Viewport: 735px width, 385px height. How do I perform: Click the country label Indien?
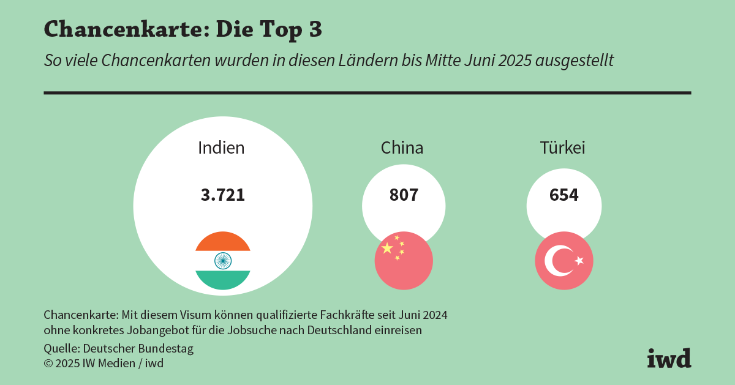click(221, 148)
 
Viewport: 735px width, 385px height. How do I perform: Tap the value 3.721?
click(223, 195)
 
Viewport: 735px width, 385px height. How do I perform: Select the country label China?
click(402, 148)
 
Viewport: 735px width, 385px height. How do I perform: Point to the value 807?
click(404, 195)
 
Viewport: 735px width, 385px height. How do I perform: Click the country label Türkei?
click(562, 148)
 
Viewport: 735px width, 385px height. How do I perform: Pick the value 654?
click(563, 195)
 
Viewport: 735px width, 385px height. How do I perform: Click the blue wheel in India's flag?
click(223, 261)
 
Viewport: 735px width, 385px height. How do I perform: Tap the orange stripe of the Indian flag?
click(223, 242)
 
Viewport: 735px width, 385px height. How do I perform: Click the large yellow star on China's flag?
click(387, 248)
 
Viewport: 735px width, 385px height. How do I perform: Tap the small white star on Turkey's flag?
click(579, 261)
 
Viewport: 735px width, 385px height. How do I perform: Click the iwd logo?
click(669, 358)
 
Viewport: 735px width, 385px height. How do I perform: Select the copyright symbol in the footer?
click(48, 364)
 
